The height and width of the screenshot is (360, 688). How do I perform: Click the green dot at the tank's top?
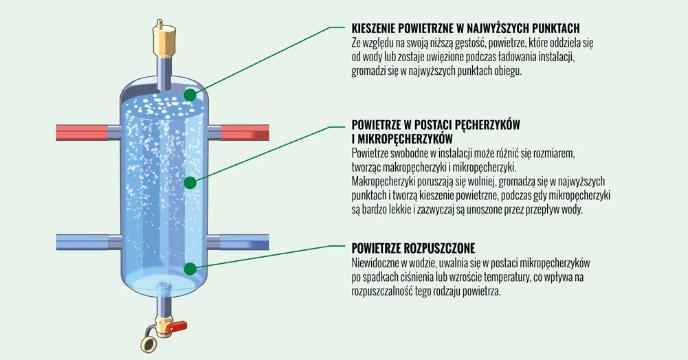(x=190, y=95)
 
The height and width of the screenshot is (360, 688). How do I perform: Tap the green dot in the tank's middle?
(x=190, y=182)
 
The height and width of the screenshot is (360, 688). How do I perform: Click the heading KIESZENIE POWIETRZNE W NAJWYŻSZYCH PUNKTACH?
(x=465, y=28)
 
